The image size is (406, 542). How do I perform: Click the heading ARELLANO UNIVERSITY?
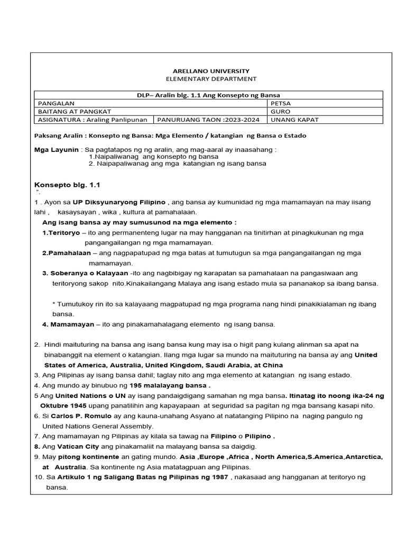click(211, 71)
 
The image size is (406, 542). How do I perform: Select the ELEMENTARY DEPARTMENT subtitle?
click(211, 79)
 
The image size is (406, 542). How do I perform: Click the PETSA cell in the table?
click(280, 103)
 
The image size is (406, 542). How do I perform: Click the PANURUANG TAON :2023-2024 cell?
click(208, 120)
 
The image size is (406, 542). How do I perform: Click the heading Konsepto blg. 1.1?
click(67, 185)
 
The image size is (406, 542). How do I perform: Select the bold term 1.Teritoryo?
click(61, 233)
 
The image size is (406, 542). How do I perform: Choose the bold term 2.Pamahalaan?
click(67, 254)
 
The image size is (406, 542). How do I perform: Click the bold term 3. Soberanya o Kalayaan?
click(85, 274)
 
